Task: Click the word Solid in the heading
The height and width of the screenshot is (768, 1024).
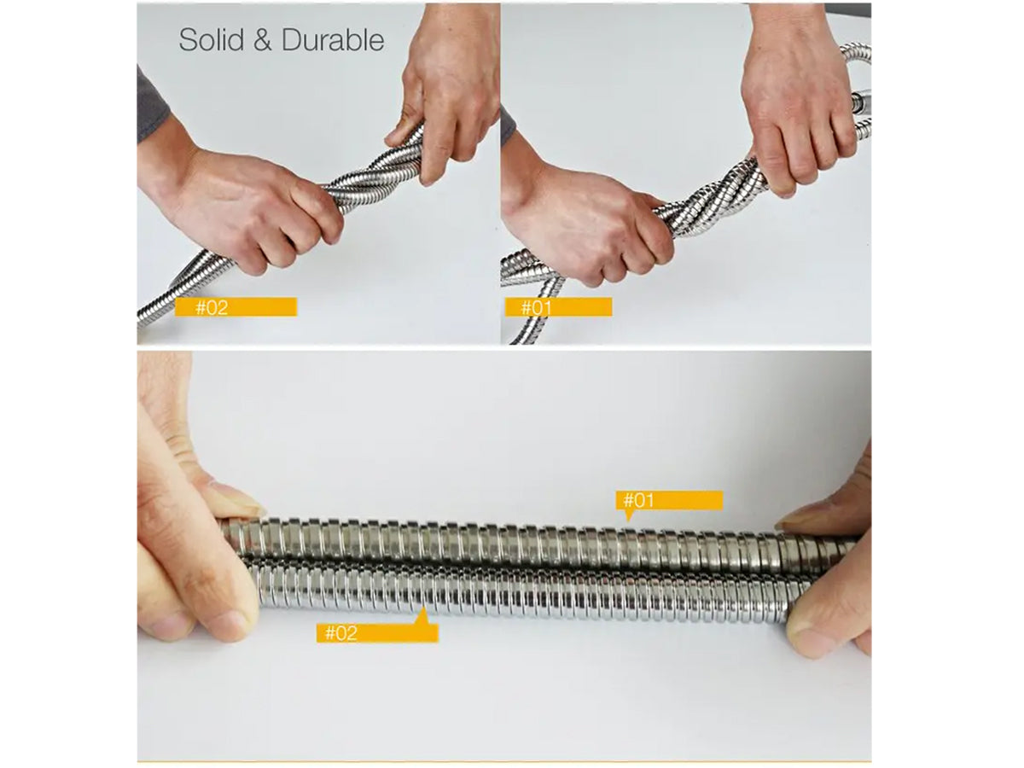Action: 212,39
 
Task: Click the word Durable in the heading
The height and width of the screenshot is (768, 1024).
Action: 333,39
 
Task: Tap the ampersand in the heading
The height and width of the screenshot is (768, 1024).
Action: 263,40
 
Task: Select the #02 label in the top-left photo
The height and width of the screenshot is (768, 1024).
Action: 236,307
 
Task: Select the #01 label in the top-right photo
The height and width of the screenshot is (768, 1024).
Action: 558,307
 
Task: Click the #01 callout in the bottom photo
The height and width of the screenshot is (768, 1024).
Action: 669,500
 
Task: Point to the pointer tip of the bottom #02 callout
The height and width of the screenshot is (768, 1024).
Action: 423,608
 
